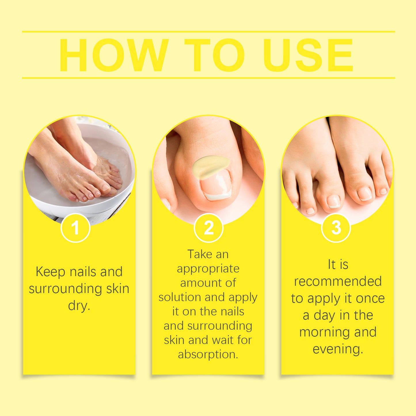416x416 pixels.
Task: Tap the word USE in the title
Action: click(x=308, y=55)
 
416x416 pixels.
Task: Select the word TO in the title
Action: click(x=214, y=55)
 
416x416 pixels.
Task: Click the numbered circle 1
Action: click(x=75, y=228)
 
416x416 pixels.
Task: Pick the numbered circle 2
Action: click(x=208, y=228)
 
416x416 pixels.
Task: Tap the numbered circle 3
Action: click(x=336, y=228)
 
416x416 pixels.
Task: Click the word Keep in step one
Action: click(x=50, y=272)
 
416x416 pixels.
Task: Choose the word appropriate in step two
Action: click(x=208, y=269)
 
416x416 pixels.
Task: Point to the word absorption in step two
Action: click(x=208, y=354)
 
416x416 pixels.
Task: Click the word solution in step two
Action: click(x=180, y=297)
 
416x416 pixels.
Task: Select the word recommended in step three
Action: click(x=338, y=281)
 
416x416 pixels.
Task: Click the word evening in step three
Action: click(x=337, y=349)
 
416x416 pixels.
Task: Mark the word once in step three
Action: click(x=370, y=299)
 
